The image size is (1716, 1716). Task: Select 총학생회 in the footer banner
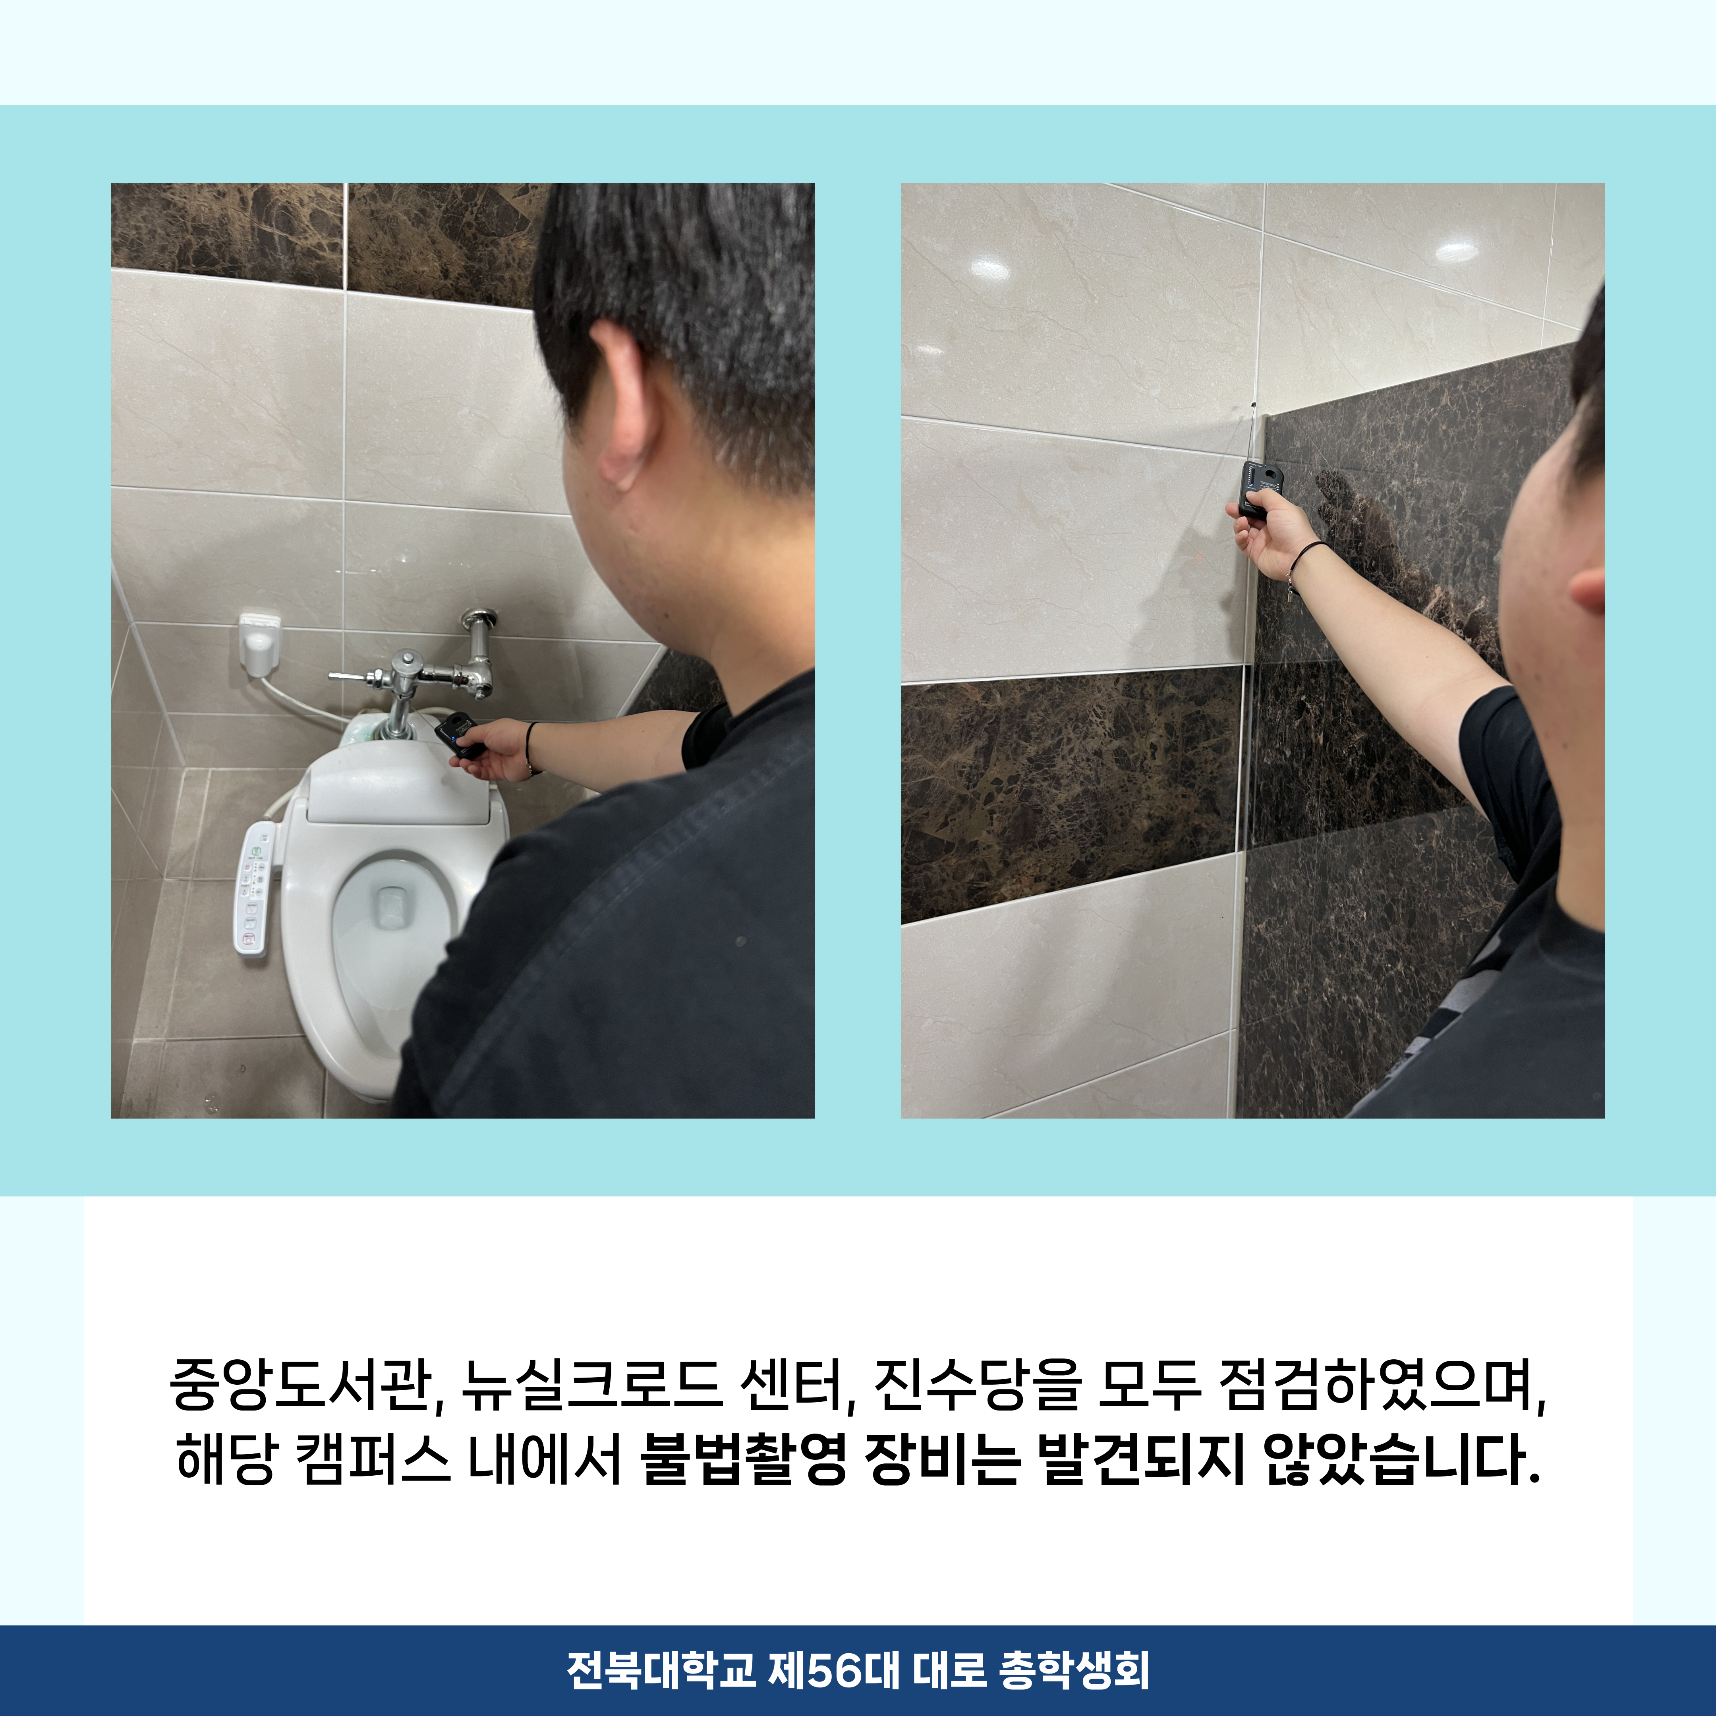pos(1075,1670)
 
